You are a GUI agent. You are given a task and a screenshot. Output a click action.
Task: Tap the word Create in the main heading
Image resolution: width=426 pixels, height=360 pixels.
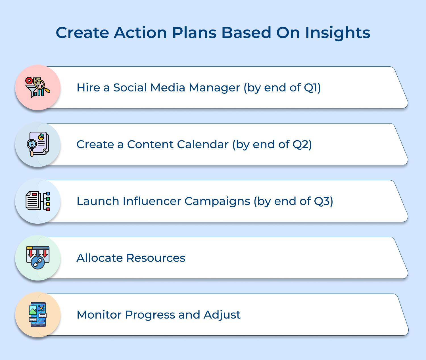[82, 33]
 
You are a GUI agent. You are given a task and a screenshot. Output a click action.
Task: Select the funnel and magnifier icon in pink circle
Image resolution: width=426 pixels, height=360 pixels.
[37, 87]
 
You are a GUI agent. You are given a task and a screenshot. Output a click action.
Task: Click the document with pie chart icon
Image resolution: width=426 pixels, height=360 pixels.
[38, 144]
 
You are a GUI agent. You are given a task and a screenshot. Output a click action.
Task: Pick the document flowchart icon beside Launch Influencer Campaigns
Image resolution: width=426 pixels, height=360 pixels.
[38, 201]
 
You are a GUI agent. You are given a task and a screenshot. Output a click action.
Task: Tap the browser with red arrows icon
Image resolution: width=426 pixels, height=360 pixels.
[38, 258]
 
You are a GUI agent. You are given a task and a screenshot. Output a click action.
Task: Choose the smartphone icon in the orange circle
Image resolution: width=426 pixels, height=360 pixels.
[38, 314]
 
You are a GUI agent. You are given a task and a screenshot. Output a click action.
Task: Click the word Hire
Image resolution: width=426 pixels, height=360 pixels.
[88, 88]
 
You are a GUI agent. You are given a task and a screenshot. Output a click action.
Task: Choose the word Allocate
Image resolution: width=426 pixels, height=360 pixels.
[99, 258]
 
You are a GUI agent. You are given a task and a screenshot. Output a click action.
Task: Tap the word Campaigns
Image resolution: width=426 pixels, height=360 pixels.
[217, 201]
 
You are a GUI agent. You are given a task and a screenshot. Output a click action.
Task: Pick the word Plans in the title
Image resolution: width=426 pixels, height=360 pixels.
[194, 33]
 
